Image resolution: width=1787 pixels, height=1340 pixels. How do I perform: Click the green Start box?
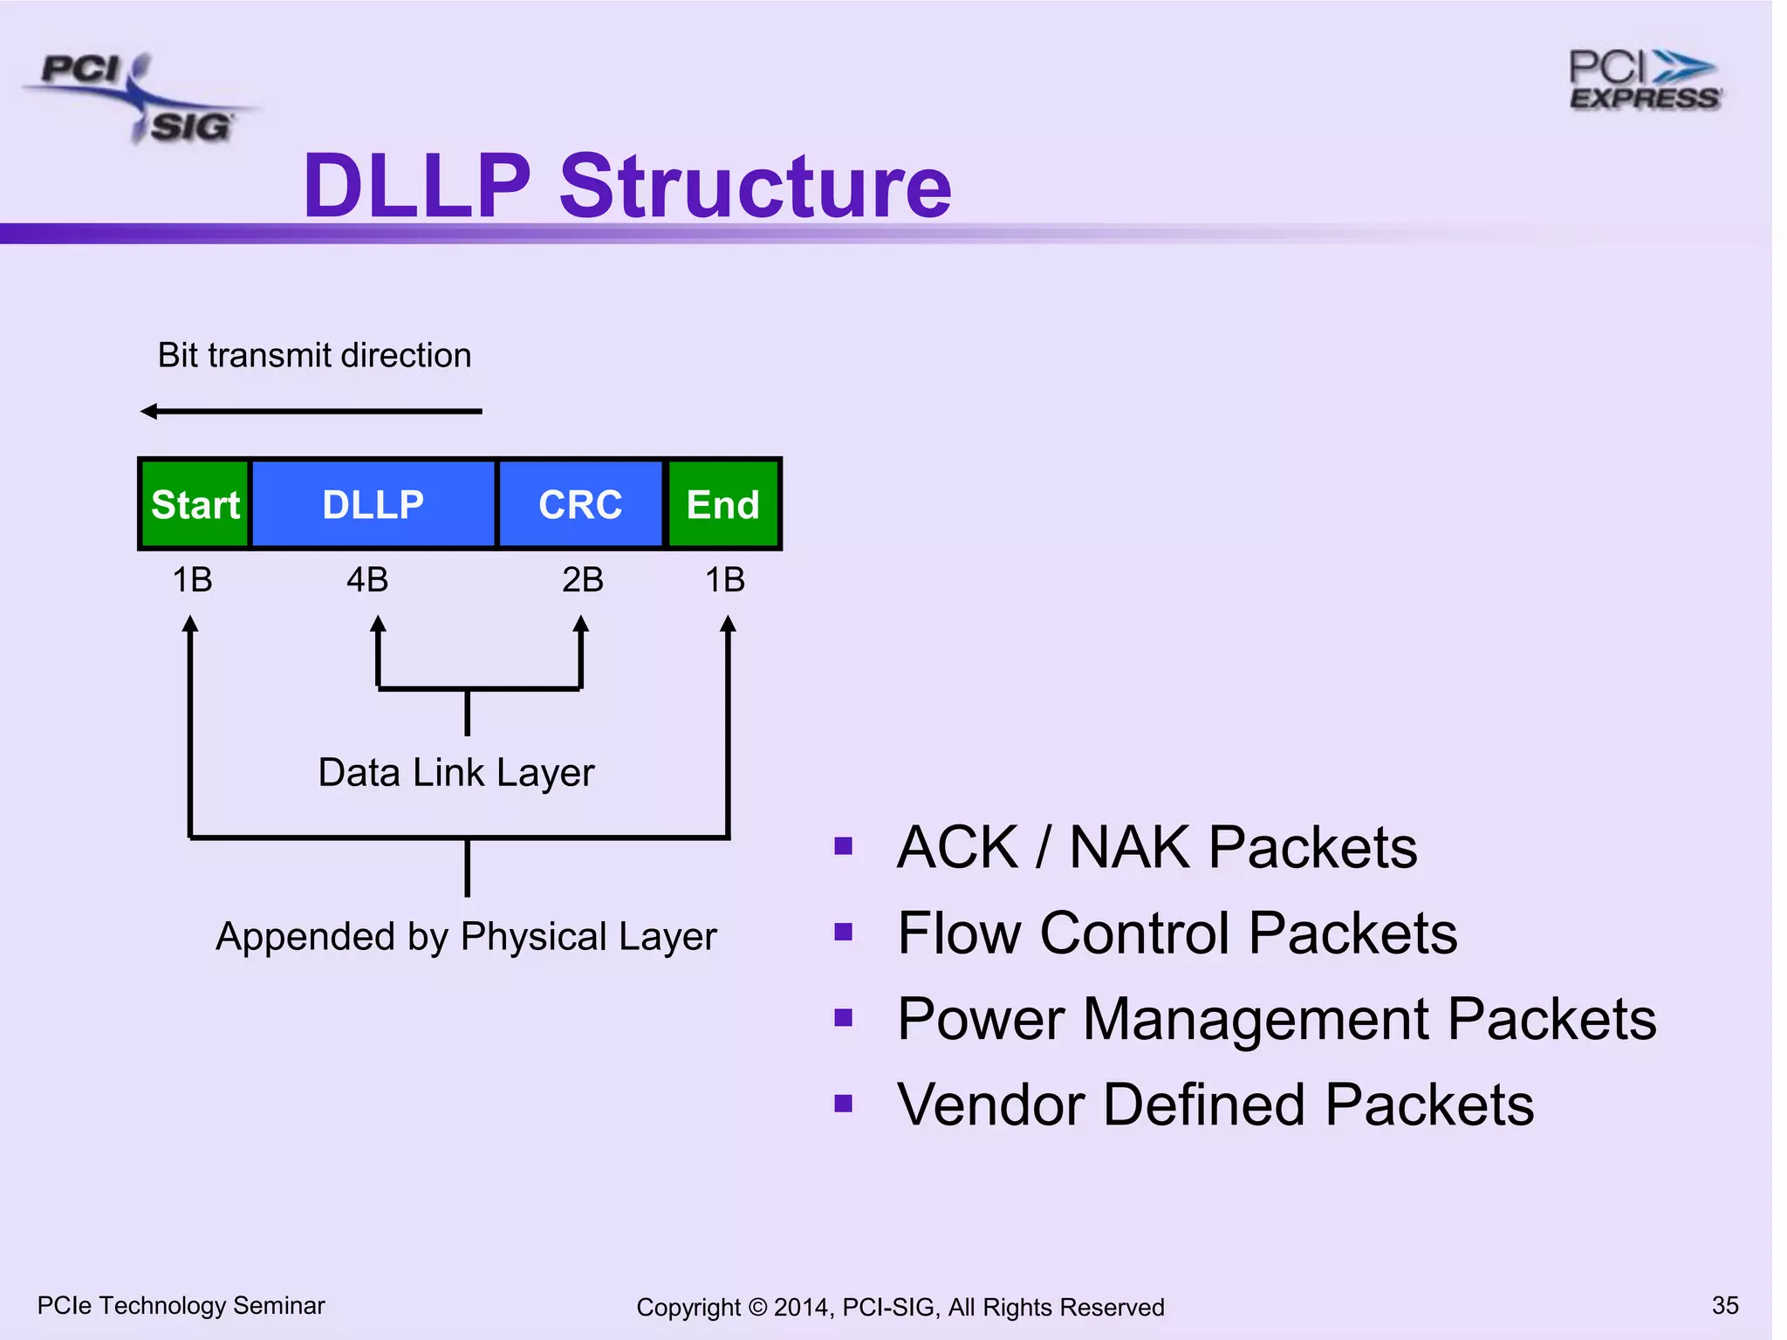coord(195,504)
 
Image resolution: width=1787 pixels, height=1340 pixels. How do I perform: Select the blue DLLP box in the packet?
coord(373,504)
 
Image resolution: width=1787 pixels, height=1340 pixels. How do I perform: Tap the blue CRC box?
coord(580,504)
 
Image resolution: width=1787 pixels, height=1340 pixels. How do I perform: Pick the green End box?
coord(723,504)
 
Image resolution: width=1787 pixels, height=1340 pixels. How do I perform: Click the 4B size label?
coord(367,580)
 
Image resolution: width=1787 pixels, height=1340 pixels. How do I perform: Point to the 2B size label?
coord(582,580)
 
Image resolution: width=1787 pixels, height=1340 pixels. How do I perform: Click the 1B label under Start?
coord(192,580)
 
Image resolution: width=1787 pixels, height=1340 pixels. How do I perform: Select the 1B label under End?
coord(724,580)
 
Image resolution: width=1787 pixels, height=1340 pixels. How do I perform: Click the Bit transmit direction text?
coord(314,356)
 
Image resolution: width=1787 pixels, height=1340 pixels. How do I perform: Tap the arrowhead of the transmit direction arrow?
coord(149,411)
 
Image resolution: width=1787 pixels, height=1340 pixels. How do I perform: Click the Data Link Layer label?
coord(455,773)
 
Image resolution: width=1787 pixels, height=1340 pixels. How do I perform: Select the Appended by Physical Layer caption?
coord(465,937)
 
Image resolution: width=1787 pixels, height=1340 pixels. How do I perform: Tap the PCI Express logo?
coord(1644,81)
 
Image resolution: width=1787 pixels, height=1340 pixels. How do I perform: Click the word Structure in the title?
coord(755,186)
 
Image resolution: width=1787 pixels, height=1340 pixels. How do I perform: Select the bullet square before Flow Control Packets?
coord(843,932)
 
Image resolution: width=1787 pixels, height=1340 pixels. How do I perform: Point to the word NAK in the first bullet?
coord(1129,847)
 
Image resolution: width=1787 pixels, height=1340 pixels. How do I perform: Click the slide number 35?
coord(1725,1305)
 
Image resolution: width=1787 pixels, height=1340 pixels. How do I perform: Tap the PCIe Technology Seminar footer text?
coord(181,1305)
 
